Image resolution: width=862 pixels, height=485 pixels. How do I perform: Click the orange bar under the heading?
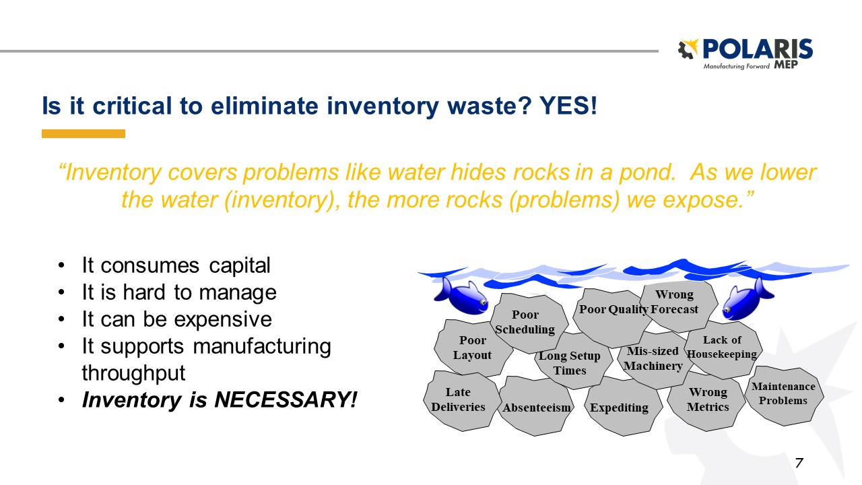[x=84, y=134]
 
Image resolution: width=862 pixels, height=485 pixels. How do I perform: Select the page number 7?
[x=799, y=463]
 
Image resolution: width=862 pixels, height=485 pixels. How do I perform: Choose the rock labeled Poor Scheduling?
[x=525, y=322]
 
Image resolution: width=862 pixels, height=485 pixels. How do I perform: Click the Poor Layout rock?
[x=471, y=348]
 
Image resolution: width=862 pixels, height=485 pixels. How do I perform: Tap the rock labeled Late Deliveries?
[x=459, y=399]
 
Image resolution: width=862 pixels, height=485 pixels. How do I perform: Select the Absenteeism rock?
[x=537, y=408]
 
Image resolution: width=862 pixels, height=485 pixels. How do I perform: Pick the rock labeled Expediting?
[x=619, y=408]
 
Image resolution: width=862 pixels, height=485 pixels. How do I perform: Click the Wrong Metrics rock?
[x=708, y=399]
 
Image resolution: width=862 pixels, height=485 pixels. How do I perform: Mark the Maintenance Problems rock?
[x=783, y=393]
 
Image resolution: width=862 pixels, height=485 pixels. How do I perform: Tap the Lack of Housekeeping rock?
[x=722, y=348]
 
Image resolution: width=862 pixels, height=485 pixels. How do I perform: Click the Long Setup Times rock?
[x=570, y=364]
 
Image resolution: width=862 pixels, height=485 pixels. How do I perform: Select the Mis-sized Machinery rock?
[x=653, y=359]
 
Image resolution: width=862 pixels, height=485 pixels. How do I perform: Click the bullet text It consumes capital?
[x=176, y=265]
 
